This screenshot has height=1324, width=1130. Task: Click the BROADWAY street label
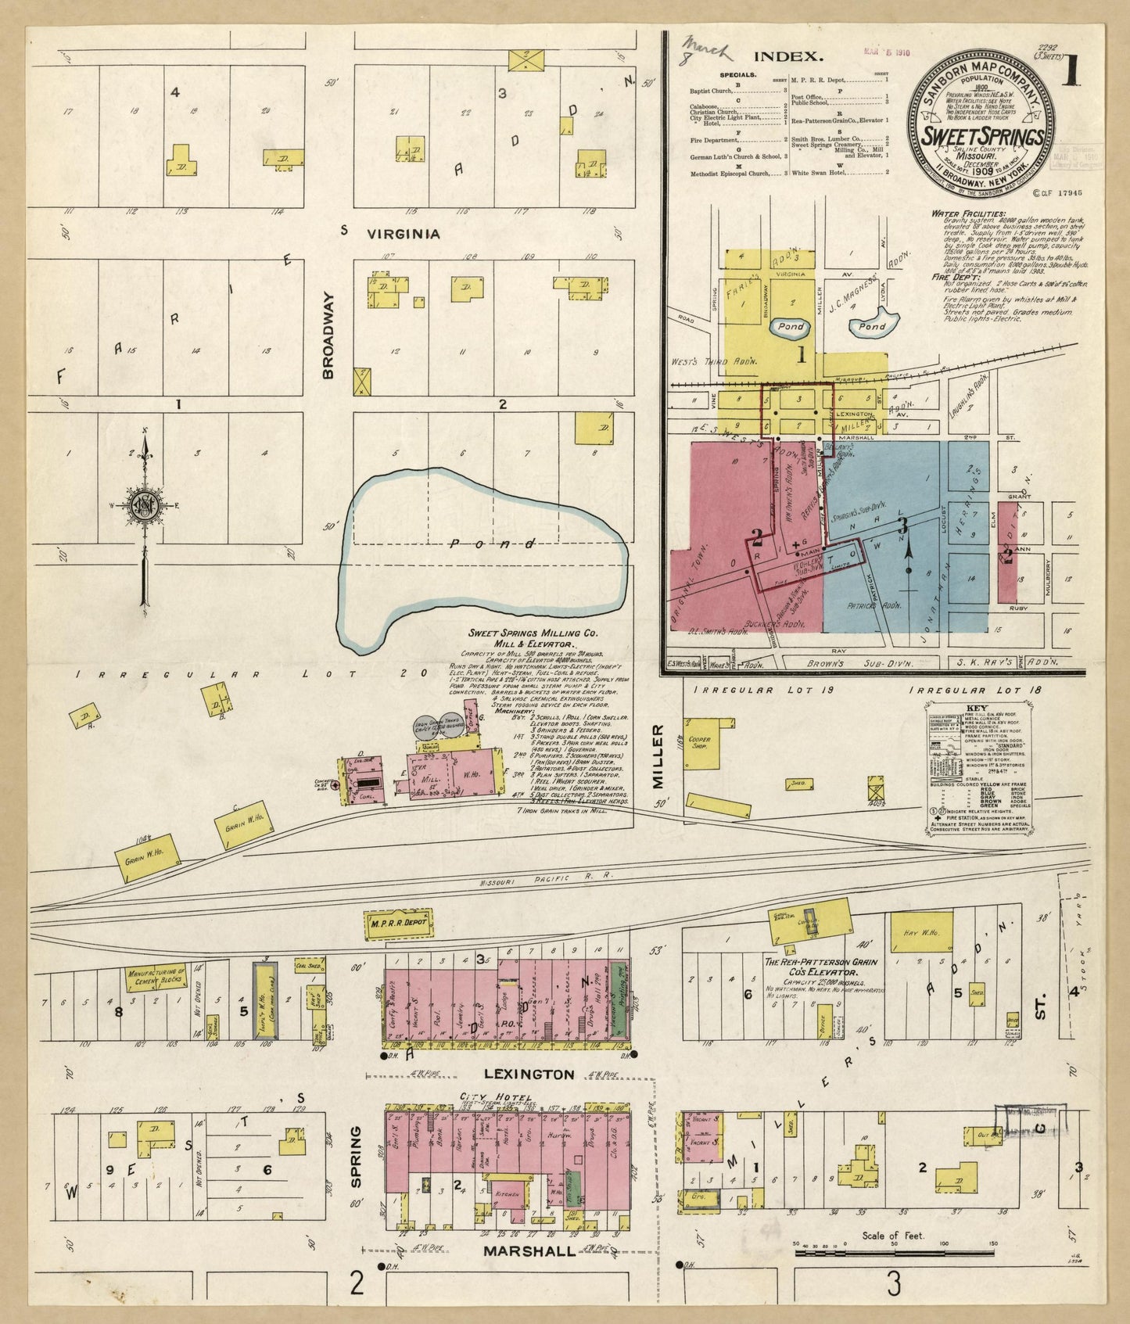click(x=328, y=336)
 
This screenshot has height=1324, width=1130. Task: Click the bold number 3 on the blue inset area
click(x=902, y=526)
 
